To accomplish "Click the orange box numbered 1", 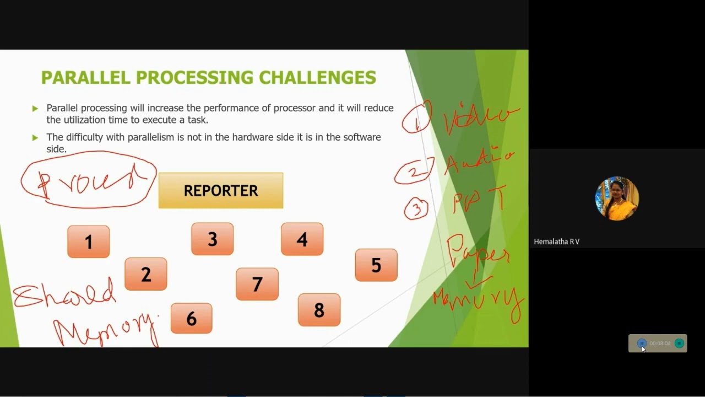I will tap(89, 242).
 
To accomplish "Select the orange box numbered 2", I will tap(146, 274).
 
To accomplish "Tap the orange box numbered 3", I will tap(213, 239).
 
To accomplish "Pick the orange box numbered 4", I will tap(302, 239).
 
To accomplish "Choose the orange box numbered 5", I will tap(376, 265).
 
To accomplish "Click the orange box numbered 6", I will tap(191, 318).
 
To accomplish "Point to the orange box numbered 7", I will tap(257, 284).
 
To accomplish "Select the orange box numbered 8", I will tap(319, 310).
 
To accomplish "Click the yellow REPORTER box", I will tap(221, 191).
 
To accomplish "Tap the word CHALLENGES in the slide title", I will tap(317, 78).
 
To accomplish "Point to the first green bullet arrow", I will tap(35, 109).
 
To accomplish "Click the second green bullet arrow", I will tap(35, 137).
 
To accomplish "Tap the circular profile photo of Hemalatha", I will tap(617, 198).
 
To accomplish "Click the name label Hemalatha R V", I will tap(556, 242).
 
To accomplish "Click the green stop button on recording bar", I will tap(679, 344).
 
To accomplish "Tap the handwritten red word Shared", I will tap(65, 293).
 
